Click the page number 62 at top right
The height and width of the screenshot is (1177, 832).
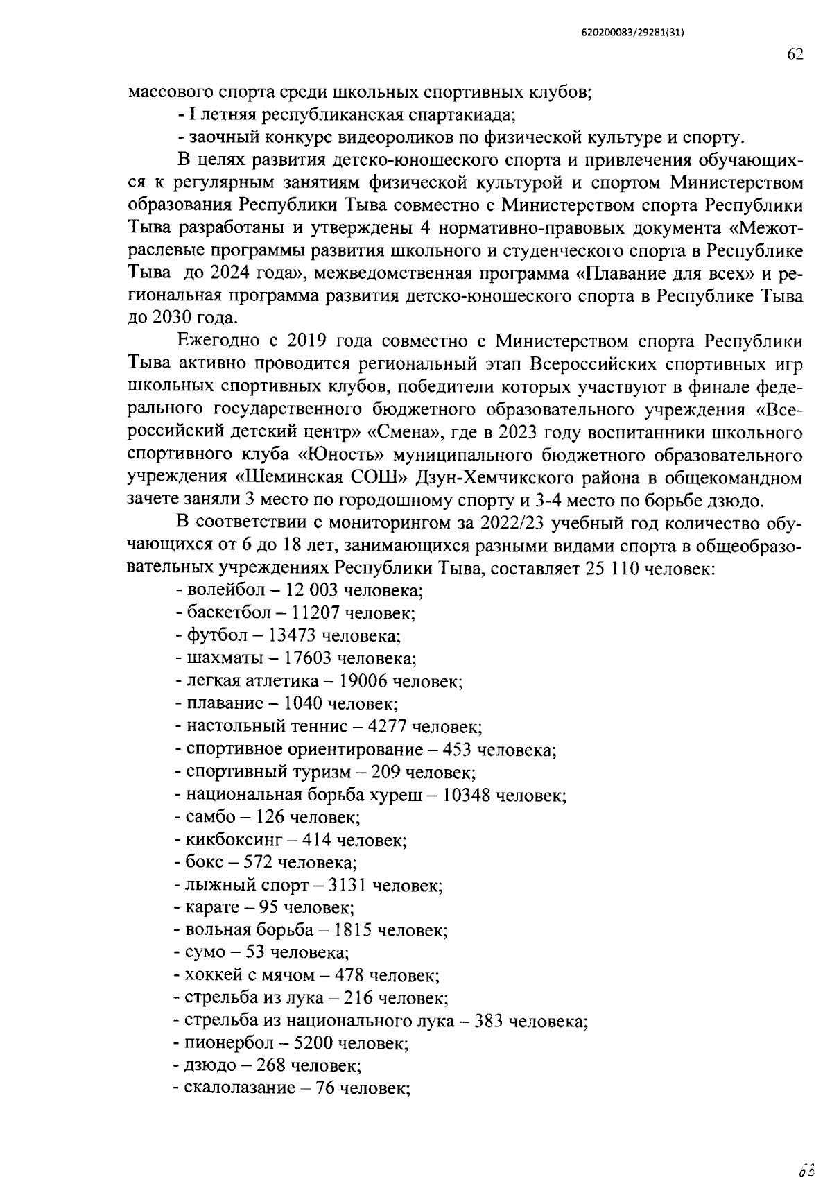[x=795, y=55]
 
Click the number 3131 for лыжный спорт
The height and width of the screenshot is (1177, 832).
[x=349, y=886]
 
